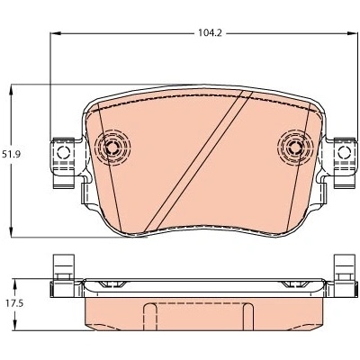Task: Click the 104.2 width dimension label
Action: (210, 33)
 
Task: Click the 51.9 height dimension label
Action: (11, 155)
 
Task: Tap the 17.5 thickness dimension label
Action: (14, 303)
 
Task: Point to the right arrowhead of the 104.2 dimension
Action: (353, 33)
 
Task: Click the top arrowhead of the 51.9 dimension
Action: (12, 90)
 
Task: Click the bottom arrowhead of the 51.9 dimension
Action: (12, 232)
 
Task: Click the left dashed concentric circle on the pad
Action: (112, 147)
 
